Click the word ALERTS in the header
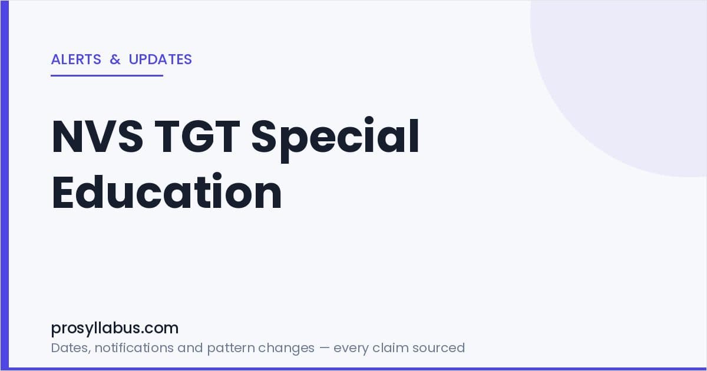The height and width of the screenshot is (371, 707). click(x=76, y=59)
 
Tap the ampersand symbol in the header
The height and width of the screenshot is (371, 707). click(x=115, y=59)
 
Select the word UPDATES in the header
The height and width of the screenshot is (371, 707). click(x=160, y=59)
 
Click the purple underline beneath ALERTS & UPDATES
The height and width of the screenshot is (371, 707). click(x=107, y=76)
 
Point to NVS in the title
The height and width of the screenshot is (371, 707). click(x=98, y=136)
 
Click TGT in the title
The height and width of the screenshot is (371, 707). click(x=197, y=136)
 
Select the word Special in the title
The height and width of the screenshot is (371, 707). click(x=335, y=139)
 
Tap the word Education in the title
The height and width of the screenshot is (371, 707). click(x=167, y=191)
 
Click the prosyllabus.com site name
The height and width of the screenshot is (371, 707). click(x=115, y=329)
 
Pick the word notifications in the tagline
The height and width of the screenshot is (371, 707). click(x=134, y=347)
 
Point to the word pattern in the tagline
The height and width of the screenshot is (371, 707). click(x=231, y=349)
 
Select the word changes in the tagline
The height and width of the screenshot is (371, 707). click(x=286, y=348)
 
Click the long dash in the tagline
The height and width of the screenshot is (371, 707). click(x=324, y=348)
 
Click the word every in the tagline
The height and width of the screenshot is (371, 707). click(x=351, y=349)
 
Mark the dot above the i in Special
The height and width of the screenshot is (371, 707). click(x=369, y=121)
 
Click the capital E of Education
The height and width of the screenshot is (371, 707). click(x=62, y=191)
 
